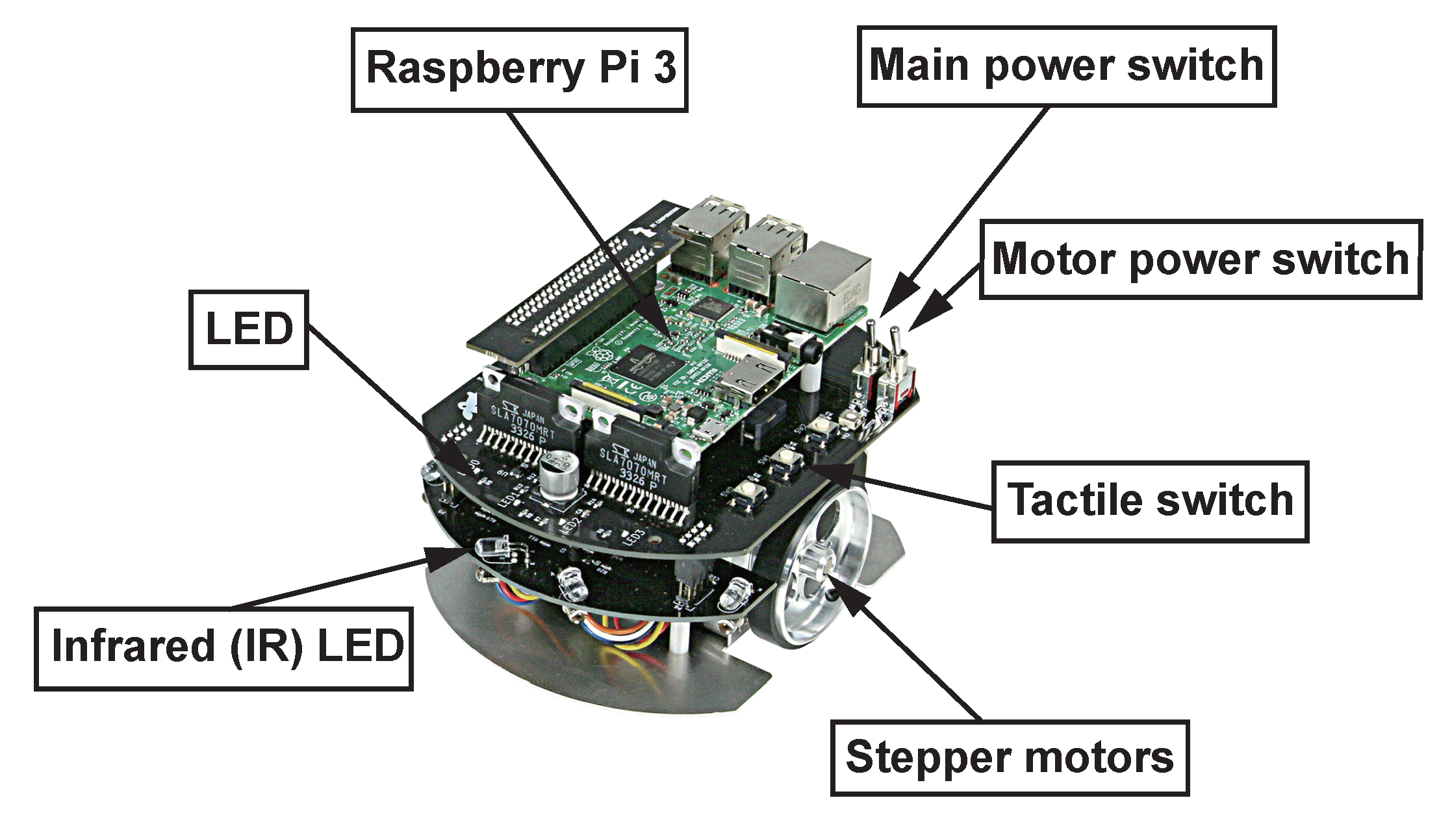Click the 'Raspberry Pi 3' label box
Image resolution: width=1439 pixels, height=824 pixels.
(519, 69)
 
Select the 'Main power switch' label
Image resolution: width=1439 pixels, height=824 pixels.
(1066, 66)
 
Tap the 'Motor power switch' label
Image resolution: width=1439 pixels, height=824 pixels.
(1200, 259)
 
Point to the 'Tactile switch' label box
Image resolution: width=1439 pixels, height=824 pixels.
(1149, 501)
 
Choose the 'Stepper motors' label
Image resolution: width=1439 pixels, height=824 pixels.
(1010, 758)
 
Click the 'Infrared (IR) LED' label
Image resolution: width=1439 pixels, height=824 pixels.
(223, 647)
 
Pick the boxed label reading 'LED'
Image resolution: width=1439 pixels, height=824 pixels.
(248, 329)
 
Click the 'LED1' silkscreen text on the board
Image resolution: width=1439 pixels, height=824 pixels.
(509, 501)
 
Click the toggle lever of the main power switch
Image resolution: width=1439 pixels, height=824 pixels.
(871, 338)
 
